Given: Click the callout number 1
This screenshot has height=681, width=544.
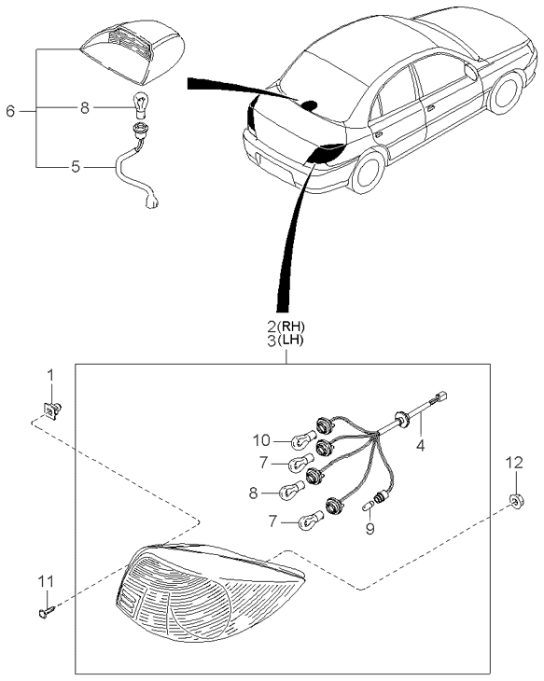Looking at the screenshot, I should [51, 377].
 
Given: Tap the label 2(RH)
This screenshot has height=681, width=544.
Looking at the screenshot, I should [286, 327].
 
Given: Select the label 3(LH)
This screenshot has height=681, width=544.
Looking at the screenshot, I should [286, 342].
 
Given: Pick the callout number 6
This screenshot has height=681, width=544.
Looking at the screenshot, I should [10, 111].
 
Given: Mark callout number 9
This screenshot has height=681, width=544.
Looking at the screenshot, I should [370, 529].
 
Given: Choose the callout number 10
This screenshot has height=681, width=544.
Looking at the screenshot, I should [262, 438].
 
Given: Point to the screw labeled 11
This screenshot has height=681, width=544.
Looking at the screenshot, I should [47, 612].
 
